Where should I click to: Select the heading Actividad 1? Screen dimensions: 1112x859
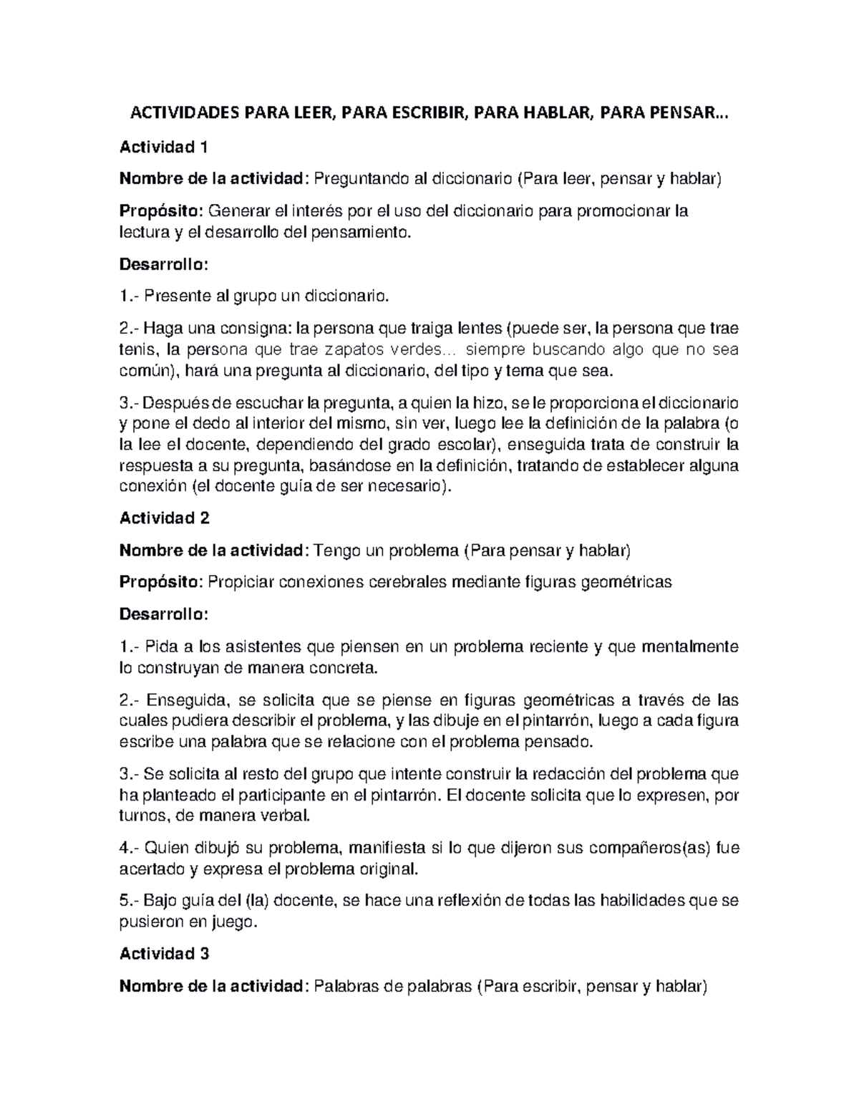(x=163, y=148)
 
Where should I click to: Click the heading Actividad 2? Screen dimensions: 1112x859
(x=164, y=518)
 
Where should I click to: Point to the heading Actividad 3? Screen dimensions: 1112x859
(x=164, y=954)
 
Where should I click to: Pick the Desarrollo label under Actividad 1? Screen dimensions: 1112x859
(x=163, y=264)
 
